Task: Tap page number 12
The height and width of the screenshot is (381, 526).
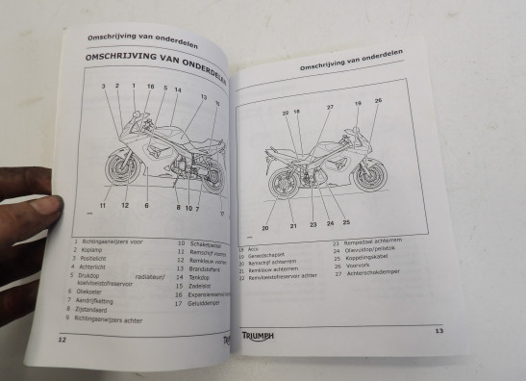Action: click(61, 339)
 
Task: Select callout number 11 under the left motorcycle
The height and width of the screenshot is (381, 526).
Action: click(101, 205)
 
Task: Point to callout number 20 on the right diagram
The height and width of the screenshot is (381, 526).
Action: click(265, 228)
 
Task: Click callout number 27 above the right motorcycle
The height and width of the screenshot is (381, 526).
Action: click(329, 107)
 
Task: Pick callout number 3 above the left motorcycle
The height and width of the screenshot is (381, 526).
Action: click(103, 87)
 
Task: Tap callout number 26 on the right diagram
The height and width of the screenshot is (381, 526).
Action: click(378, 101)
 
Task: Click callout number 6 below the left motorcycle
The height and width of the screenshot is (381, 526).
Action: click(146, 205)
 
